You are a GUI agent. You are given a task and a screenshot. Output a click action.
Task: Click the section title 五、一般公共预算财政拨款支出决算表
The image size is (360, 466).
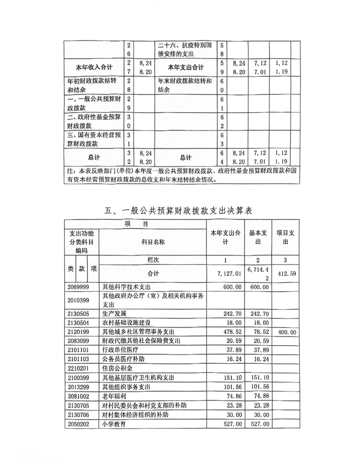pyautogui.click(x=180, y=211)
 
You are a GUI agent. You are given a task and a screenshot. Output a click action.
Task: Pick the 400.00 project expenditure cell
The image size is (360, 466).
pyautogui.click(x=285, y=333)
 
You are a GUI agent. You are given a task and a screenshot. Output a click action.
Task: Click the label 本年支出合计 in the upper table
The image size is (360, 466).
pyautogui.click(x=186, y=67)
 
